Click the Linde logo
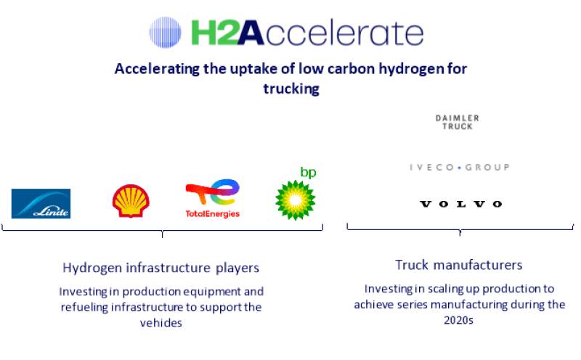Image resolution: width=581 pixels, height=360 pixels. pyautogui.click(x=41, y=203)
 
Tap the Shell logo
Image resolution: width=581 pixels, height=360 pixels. pyautogui.click(x=131, y=201)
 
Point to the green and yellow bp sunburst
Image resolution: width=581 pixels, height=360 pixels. pyautogui.click(x=296, y=200)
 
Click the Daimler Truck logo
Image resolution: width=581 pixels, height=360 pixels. pyautogui.click(x=458, y=122)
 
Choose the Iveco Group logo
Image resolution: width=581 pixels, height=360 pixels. pyautogui.click(x=458, y=168)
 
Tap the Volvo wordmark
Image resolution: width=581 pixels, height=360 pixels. pyautogui.click(x=460, y=205)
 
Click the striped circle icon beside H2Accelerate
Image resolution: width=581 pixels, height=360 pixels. pyautogui.click(x=165, y=33)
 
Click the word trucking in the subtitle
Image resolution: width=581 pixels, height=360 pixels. pyautogui.click(x=290, y=89)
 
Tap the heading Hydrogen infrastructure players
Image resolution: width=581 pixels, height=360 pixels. pyautogui.click(x=161, y=268)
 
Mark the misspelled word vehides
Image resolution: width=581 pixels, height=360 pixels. pyautogui.click(x=161, y=323)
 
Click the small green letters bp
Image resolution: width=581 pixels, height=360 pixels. pyautogui.click(x=308, y=173)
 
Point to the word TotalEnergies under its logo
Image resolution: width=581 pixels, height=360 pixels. pyautogui.click(x=212, y=214)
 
